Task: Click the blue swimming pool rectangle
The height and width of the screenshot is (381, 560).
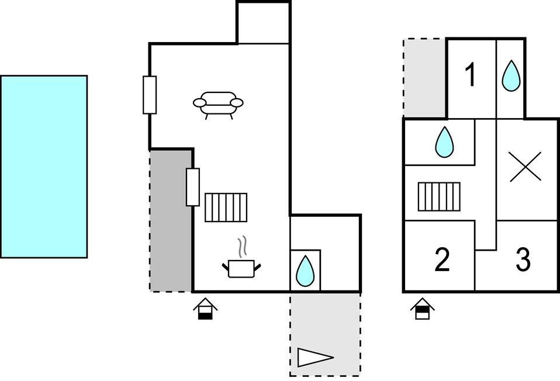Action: click(x=44, y=167)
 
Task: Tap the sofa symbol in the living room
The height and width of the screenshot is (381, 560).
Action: click(x=218, y=105)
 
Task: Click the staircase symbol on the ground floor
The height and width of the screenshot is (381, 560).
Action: click(x=226, y=207)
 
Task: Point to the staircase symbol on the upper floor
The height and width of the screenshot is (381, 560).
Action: click(x=439, y=197)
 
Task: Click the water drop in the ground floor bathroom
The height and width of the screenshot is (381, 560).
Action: click(x=305, y=271)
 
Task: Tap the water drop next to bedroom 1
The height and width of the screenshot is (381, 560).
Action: click(x=511, y=76)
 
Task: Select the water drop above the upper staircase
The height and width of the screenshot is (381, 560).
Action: click(x=444, y=142)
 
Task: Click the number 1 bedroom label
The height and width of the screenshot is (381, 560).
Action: click(x=471, y=74)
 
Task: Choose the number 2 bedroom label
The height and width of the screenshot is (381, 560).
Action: click(x=442, y=259)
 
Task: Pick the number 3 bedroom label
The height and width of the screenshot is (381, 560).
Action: click(x=523, y=259)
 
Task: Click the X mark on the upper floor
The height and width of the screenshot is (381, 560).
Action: click(x=525, y=167)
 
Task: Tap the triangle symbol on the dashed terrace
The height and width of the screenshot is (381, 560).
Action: click(x=315, y=358)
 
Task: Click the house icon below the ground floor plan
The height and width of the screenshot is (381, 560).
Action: click(x=205, y=309)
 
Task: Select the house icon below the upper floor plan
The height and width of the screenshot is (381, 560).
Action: click(x=423, y=309)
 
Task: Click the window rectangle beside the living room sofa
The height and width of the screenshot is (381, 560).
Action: click(x=150, y=95)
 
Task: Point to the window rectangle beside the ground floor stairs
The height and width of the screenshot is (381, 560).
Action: click(x=193, y=187)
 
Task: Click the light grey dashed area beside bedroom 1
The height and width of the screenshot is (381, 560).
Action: click(x=424, y=78)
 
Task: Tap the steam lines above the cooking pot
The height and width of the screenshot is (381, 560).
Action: click(x=243, y=247)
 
